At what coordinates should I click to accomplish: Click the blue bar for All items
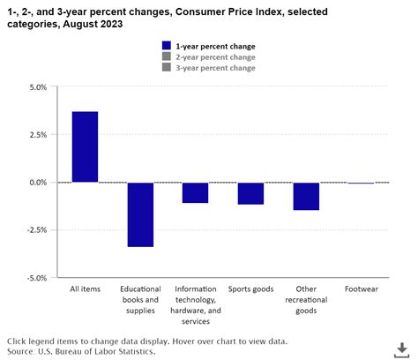[85, 146]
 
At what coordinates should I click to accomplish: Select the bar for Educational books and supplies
[140, 214]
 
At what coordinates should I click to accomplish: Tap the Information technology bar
[195, 192]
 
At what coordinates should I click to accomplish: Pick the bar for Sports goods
[250, 193]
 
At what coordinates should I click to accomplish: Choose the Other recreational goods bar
[306, 196]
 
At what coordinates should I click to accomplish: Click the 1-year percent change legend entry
[216, 45]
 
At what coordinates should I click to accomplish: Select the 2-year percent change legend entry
[216, 56]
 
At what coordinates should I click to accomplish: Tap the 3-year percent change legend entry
[216, 68]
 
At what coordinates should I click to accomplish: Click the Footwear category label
[362, 288]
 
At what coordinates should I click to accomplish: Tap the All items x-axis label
[85, 288]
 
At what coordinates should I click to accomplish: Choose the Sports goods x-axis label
[250, 288]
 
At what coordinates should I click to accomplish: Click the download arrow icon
[401, 349]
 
